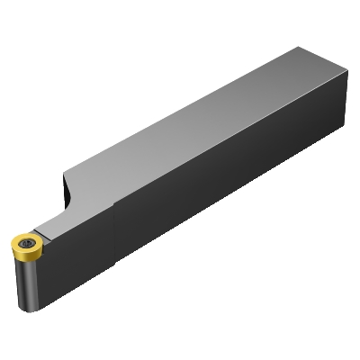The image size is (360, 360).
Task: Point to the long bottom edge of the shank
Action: pyautogui.click(x=198, y=225)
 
